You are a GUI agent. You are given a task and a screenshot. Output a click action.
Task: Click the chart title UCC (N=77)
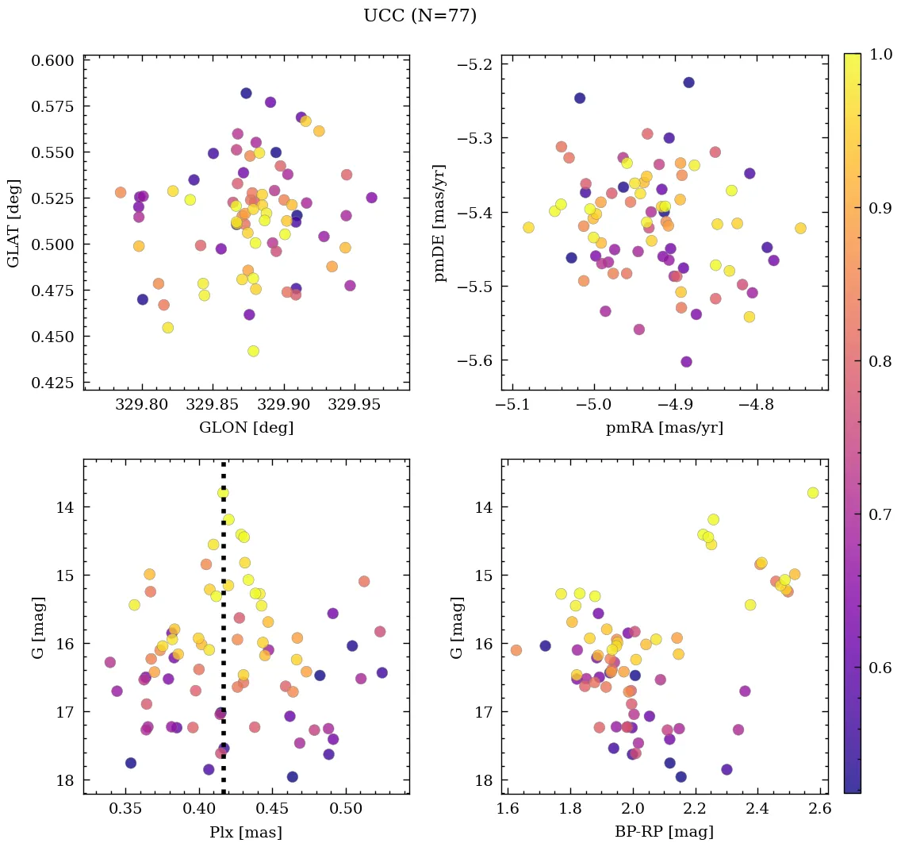point(420,16)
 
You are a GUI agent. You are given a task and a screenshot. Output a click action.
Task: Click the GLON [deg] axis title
point(246,428)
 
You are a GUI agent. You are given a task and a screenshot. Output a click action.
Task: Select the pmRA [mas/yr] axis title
point(665,428)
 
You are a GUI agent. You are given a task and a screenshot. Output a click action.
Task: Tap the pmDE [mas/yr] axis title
point(441,223)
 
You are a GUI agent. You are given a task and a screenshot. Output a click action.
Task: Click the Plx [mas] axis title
point(246,832)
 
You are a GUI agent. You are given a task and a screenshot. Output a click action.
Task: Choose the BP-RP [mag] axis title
point(665,832)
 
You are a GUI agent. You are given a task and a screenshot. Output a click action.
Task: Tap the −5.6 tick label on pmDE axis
point(474,361)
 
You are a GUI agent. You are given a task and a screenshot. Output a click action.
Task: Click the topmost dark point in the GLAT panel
point(246,94)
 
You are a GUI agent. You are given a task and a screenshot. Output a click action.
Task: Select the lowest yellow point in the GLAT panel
point(253,351)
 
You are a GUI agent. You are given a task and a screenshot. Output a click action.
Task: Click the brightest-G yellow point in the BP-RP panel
point(813,493)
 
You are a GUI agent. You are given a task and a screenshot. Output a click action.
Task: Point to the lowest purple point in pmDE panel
point(686,362)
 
